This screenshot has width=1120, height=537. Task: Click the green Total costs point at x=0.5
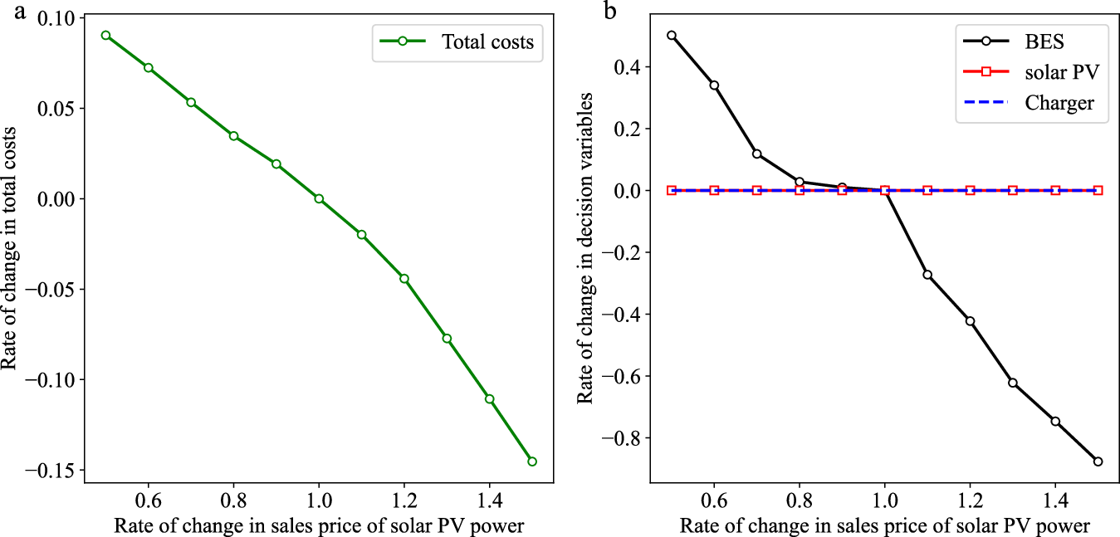[x=105, y=36]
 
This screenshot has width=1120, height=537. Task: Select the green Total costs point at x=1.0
[x=319, y=198]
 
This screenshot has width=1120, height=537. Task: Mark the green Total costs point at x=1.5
[x=532, y=461]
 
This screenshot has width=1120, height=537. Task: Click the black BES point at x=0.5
[x=672, y=36]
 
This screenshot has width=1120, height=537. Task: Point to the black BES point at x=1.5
[x=1098, y=461]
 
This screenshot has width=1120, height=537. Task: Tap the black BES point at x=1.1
[x=927, y=275]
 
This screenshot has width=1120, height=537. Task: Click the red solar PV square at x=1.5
[x=1098, y=190]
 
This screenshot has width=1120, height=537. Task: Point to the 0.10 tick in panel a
[x=56, y=18]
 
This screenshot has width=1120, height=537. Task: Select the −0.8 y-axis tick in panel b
[x=626, y=439]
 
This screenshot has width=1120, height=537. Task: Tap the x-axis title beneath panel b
[x=884, y=525]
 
